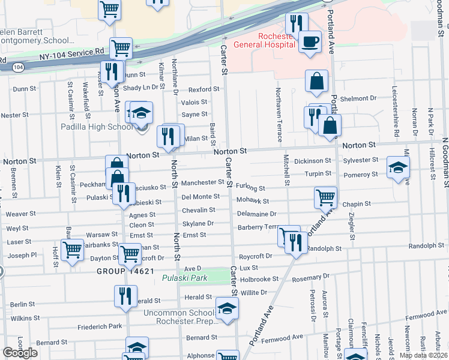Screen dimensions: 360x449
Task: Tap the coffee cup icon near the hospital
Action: pos(310,42)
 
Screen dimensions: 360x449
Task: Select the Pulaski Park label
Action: pos(185,278)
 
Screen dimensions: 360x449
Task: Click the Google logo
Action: pos(20,353)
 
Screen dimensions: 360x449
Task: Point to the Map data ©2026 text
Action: pos(423,355)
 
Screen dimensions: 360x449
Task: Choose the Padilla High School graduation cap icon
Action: pos(141,113)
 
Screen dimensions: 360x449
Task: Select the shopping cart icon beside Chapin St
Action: pos(325,196)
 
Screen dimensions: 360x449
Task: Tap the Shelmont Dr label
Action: pos(358,98)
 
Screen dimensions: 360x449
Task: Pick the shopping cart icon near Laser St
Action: pos(73,249)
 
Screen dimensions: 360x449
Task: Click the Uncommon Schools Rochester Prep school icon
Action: pos(227,310)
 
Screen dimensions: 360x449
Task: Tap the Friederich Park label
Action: pos(100,327)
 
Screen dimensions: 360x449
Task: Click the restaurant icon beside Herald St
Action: pos(125,296)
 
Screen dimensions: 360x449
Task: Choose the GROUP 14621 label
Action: pos(122,271)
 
